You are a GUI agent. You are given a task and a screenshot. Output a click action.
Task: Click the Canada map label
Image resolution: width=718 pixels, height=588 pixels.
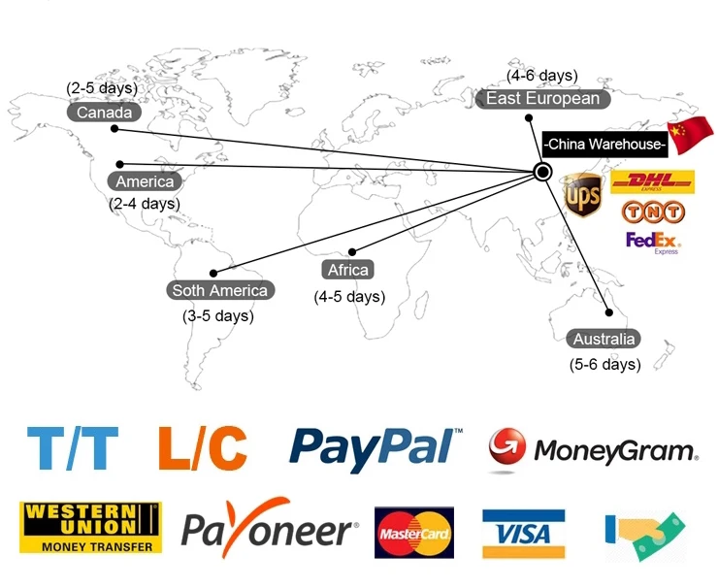coord(105,113)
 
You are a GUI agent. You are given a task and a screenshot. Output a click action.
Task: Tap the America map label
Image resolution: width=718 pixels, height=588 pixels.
coord(145,181)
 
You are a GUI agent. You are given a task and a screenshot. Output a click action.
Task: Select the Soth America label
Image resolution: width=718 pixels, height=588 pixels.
coord(219,290)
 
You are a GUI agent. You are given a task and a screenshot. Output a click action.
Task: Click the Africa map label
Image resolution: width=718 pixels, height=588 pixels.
coord(348,270)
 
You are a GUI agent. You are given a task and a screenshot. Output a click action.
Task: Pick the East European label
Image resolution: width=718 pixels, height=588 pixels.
coord(542,99)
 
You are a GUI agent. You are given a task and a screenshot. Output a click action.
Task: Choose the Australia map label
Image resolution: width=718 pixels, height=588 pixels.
coord(604,339)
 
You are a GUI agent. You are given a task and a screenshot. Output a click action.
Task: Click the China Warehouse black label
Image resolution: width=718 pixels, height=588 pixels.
coord(605,145)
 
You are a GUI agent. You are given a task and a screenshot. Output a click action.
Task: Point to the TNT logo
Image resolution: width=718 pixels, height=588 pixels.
coord(650,212)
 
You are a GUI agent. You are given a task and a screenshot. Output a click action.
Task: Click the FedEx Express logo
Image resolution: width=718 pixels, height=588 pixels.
coord(653,242)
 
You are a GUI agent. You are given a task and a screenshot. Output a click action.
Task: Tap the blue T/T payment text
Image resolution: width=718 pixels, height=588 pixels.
coord(73,448)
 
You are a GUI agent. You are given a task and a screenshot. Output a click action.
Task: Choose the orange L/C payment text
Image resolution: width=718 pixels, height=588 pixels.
coord(202,448)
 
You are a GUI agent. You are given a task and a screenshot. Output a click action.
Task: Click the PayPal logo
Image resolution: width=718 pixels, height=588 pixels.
coord(375,447)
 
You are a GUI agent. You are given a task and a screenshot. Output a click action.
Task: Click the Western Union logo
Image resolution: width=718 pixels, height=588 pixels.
coord(90,527)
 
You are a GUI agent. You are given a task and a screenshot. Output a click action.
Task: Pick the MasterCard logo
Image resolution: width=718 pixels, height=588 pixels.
coord(414,533)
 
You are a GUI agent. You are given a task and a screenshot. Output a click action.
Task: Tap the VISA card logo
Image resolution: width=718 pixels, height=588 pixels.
coord(523,533)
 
